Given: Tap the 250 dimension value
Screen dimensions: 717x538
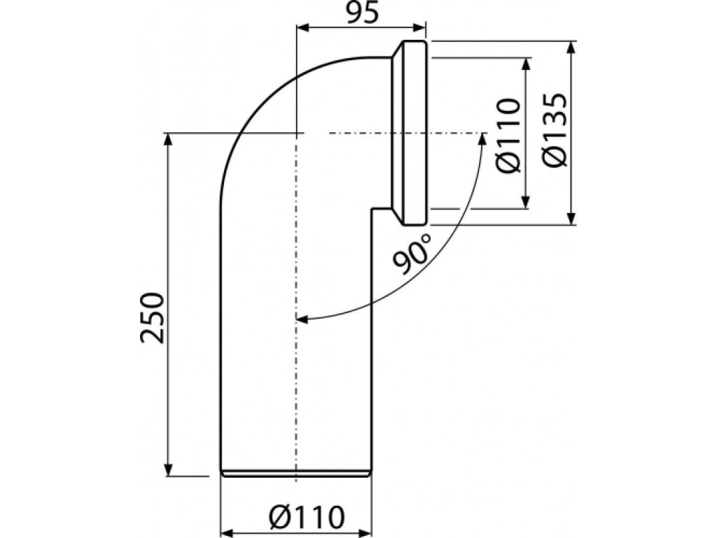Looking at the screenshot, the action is tap(153, 317).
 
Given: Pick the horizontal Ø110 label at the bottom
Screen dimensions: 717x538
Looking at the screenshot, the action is tap(307, 518).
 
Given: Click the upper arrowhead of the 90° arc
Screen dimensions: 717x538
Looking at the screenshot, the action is tap(482, 139).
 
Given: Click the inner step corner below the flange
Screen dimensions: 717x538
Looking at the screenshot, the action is tap(372, 207).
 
